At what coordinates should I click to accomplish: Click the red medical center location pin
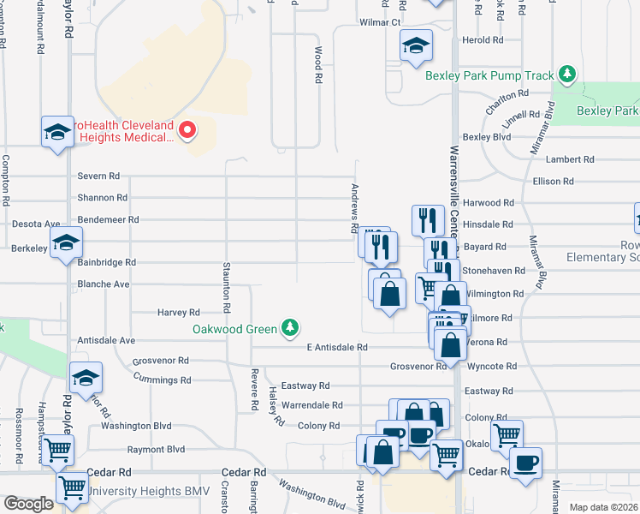187,130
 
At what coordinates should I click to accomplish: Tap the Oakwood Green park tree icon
291,328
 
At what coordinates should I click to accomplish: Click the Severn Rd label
98,176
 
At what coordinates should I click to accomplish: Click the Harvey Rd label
179,314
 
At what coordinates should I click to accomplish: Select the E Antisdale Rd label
336,347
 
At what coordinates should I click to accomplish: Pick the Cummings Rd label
162,379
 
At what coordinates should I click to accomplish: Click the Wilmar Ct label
380,22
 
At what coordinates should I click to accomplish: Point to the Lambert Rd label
570,159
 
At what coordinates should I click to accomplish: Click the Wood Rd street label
317,64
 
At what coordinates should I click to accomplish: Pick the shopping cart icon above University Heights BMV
57,449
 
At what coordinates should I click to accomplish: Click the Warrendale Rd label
312,405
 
